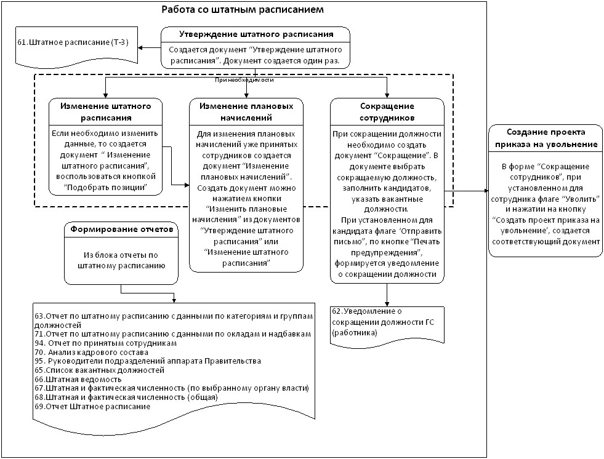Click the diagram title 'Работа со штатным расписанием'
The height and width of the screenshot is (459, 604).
[243, 10]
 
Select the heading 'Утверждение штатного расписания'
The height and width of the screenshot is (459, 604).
[256, 34]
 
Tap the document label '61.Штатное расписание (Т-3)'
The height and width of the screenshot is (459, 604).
[73, 42]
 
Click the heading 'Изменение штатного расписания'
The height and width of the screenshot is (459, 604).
[105, 111]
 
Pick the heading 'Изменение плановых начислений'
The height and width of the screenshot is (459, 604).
[246, 111]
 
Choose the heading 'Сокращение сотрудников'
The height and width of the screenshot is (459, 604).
[387, 111]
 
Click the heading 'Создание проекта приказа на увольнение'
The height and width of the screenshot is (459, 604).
[546, 138]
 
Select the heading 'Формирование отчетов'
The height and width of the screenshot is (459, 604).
[121, 229]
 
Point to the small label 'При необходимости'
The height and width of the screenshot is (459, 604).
[244, 80]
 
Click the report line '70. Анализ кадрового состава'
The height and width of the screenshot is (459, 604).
[91, 353]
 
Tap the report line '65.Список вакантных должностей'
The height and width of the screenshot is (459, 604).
[99, 370]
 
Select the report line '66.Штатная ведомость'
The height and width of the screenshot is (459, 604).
[78, 379]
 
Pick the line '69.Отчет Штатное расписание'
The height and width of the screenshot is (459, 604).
[92, 407]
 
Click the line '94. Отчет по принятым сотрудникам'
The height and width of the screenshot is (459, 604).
[105, 343]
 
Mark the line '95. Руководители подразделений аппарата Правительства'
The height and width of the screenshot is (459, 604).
[148, 361]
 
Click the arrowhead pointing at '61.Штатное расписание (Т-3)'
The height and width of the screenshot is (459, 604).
[140, 48]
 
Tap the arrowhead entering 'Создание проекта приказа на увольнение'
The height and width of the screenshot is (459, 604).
[486, 191]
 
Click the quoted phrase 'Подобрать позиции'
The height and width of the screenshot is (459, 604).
[105, 188]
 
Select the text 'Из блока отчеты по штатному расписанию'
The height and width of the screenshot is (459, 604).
[121, 260]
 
